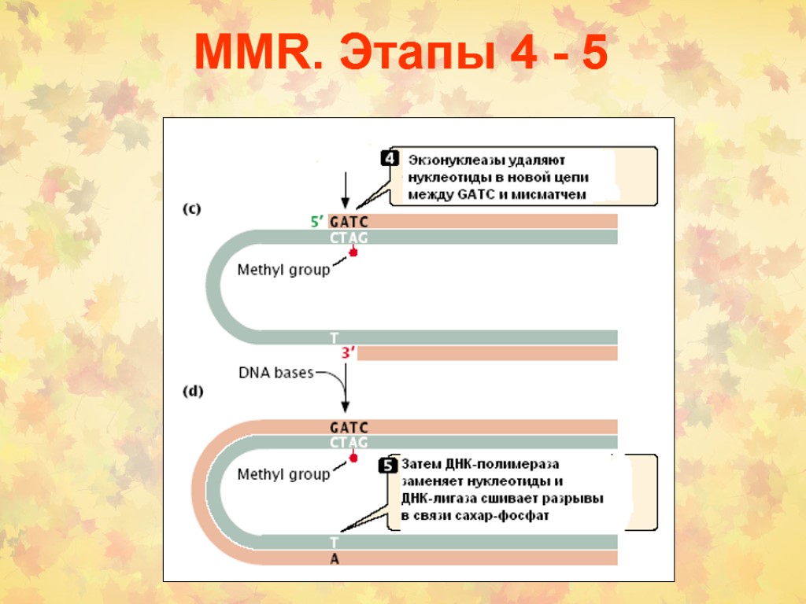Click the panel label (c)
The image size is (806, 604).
[192, 209]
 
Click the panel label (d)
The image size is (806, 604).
[192, 391]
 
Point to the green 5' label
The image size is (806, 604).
[318, 222]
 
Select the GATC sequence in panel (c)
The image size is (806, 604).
[349, 222]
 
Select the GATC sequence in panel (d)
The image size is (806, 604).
[349, 427]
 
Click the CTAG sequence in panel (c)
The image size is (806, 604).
[349, 238]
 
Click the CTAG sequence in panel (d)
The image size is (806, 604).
[349, 443]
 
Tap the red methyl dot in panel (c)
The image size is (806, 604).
[353, 252]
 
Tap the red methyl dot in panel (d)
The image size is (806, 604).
[353, 458]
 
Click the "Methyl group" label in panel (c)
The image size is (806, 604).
[283, 270]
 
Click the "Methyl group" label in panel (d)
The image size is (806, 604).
[283, 474]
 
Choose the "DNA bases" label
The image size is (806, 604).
[276, 373]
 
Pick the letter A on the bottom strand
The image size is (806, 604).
[335, 558]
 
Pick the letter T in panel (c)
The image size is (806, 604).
[335, 337]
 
